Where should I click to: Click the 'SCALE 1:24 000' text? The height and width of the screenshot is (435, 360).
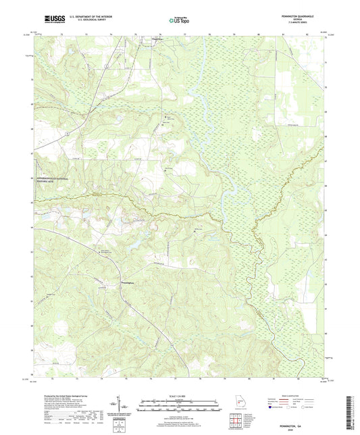tap(180, 396)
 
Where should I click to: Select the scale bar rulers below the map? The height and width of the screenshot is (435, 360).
tap(180, 407)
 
